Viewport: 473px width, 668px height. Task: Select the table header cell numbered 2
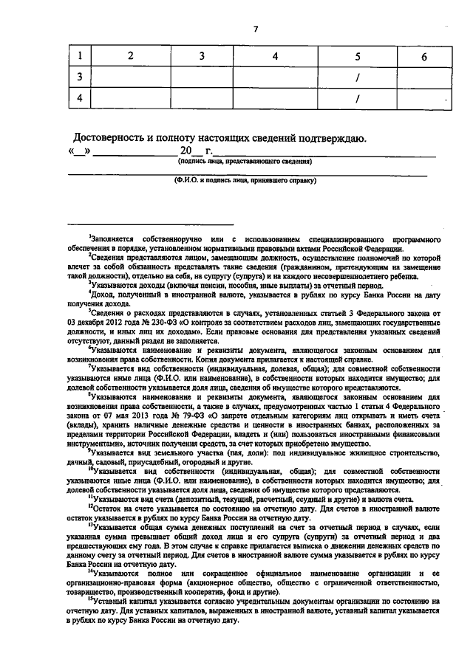[131, 56]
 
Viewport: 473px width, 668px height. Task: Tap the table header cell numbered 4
[274, 56]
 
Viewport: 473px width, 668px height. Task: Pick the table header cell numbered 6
[424, 57]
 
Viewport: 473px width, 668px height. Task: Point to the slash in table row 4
[358, 98]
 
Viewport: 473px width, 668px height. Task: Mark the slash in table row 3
[358, 77]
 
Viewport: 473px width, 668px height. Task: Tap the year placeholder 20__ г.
[180, 152]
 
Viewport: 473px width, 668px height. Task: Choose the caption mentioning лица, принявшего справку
[245, 179]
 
